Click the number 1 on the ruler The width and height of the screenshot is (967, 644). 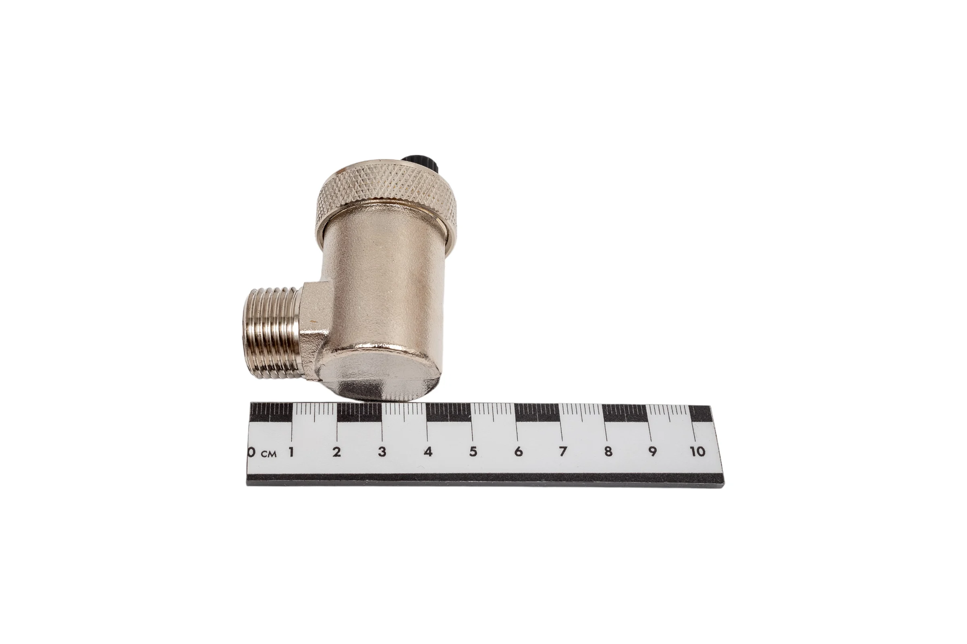(291, 452)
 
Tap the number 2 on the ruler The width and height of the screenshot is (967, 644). (337, 452)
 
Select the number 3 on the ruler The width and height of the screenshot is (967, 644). (382, 452)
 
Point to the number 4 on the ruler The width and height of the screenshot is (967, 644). (428, 452)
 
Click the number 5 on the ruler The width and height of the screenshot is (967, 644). (473, 452)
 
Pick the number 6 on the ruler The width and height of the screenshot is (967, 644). (519, 451)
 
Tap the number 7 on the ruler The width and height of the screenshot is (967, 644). (562, 451)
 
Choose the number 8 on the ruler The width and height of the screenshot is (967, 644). (608, 451)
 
